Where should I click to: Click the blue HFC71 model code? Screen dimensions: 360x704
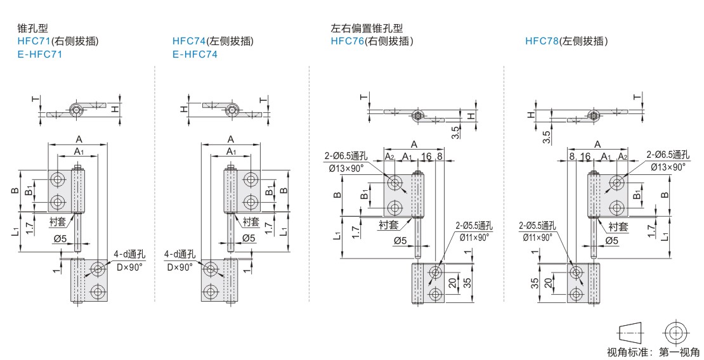click(x=33, y=41)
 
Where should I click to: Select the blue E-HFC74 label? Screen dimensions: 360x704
click(x=195, y=55)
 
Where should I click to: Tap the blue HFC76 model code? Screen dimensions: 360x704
click(x=346, y=41)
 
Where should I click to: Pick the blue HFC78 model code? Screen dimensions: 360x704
click(x=541, y=41)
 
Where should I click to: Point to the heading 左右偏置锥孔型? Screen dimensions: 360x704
click(x=367, y=29)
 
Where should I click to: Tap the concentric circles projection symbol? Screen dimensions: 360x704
click(x=675, y=331)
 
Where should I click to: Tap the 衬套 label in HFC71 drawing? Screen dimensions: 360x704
click(x=58, y=222)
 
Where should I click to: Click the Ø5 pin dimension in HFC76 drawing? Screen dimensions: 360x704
click(x=400, y=240)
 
